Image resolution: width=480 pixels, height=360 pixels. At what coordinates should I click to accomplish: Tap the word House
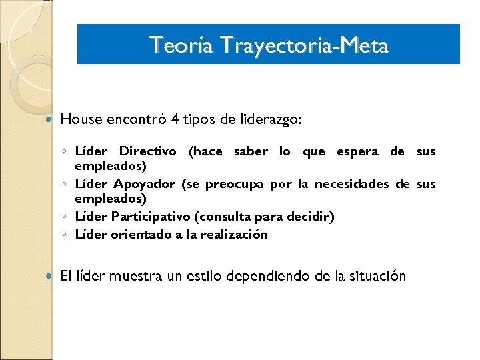[x=81, y=120]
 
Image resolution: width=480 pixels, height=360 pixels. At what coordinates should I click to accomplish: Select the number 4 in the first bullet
[x=174, y=120]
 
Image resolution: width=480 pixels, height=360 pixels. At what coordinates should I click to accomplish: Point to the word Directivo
[x=148, y=151]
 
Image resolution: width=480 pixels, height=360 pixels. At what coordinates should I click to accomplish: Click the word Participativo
[x=152, y=217]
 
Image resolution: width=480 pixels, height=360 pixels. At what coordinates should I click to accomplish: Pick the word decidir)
[x=311, y=217]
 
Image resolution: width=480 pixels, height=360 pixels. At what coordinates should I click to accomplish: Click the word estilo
[x=203, y=276]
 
